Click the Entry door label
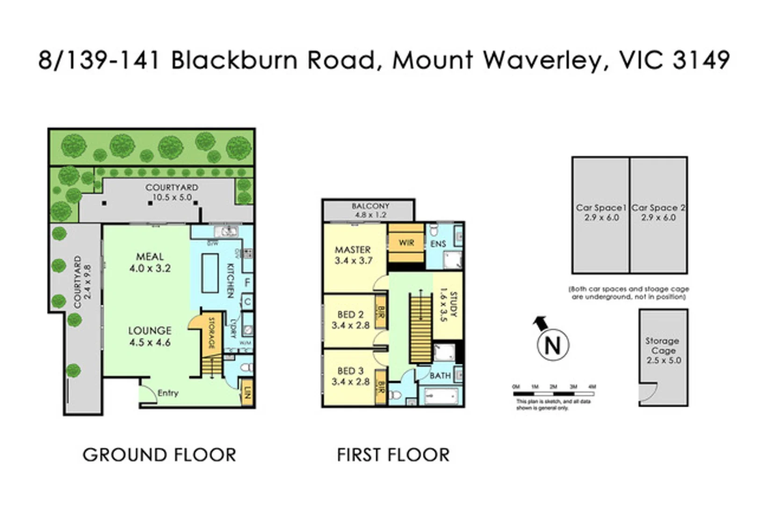pos(168,393)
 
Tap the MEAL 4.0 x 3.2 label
pos(150,262)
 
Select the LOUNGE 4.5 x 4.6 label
pos(150,336)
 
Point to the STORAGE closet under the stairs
pos(210,333)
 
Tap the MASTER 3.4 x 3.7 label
pos(353,255)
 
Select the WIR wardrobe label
pos(406,243)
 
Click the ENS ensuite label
pos(438,244)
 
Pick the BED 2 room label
pos(350,320)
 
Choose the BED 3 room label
pos(350,376)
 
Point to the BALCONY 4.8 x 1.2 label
pos(370,210)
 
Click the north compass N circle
pos(552,346)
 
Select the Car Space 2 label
pos(658,212)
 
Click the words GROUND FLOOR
pos(159,455)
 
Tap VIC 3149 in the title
pos(674,60)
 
